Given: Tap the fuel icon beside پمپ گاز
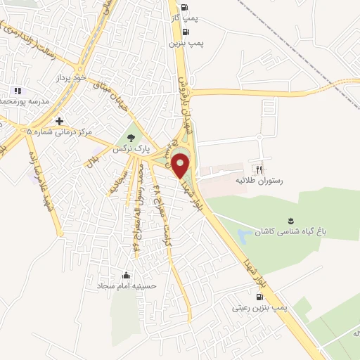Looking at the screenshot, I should point(184,8).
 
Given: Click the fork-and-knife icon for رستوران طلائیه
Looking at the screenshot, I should point(259,169).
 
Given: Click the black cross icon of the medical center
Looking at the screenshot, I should point(60,122).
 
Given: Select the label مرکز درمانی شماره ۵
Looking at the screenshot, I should point(60,132).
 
